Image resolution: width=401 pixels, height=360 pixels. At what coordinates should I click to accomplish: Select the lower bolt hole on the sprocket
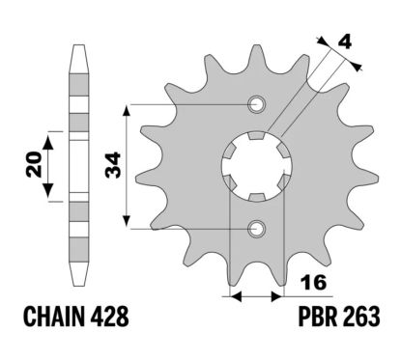pos(256,228)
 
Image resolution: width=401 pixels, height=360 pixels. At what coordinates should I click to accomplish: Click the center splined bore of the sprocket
pos(256,166)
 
